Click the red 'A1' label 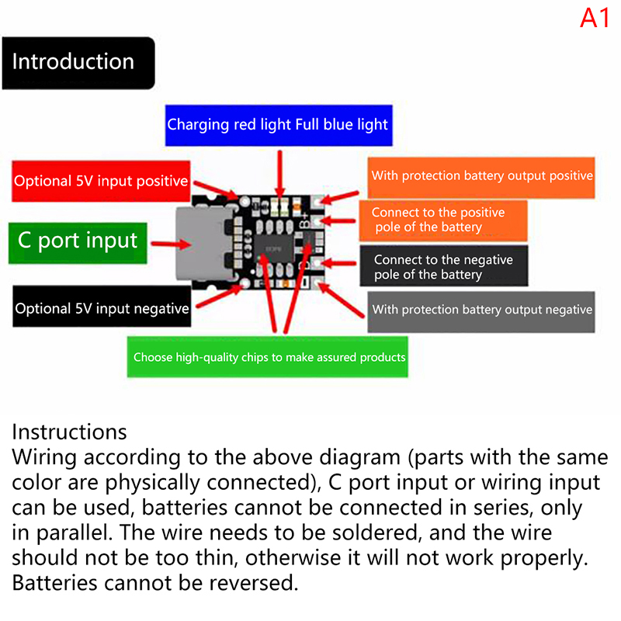pos(595,18)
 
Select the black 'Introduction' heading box pos(78,62)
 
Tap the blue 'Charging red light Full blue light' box pos(277,124)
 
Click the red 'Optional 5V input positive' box pos(101,181)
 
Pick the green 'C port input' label pos(78,241)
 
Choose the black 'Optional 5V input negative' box pos(101,308)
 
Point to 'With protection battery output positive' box pos(481,175)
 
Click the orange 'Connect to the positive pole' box pos(442,220)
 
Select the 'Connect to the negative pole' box pos(442,267)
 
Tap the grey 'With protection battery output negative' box pos(481,310)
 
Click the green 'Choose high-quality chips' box pos(269,357)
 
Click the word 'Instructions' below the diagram pos(69,432)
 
